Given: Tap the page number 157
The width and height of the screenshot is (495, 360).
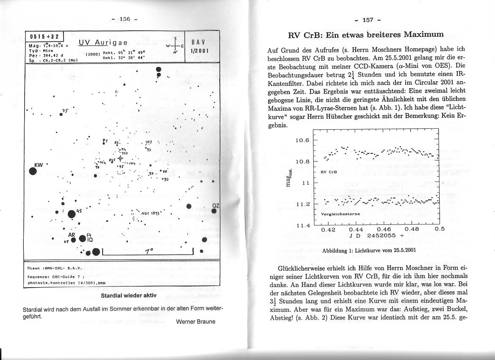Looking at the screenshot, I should pos(368,20).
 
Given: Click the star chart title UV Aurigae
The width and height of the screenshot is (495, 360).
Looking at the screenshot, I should pos(103,43).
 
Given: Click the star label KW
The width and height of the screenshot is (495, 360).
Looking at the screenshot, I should pos(38,164).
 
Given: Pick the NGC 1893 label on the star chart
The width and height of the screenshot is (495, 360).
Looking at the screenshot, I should pos(150,213).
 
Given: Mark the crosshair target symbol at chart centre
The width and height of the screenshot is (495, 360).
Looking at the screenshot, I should pos(121,159).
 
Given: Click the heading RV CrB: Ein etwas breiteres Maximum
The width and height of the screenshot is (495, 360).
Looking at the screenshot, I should pos(365,34).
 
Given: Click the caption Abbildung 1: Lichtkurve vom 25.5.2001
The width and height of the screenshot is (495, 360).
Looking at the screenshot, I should pos(369,250).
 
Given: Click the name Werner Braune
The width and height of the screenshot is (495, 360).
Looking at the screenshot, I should pos(195,321).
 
